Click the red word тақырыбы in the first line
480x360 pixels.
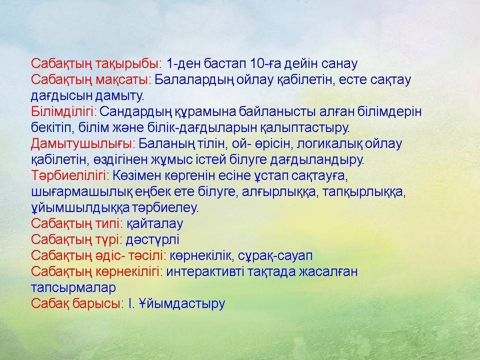[x=128, y=63]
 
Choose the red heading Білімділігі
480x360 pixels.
[x=64, y=111]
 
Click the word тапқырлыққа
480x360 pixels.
[x=364, y=192]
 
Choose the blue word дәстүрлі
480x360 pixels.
[x=152, y=240]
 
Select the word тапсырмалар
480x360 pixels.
[x=73, y=288]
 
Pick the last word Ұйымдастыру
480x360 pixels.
[x=182, y=303]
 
